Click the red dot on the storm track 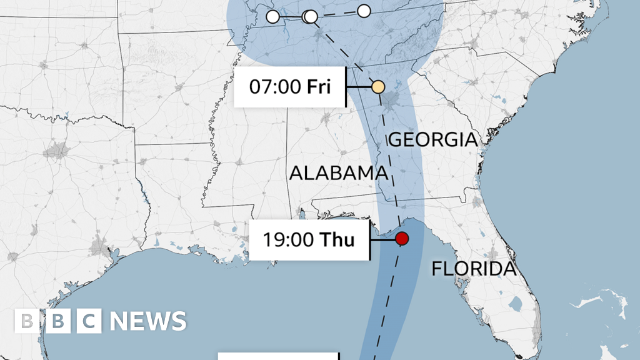click(x=402, y=238)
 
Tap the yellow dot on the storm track click(x=378, y=87)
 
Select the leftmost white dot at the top click(x=273, y=17)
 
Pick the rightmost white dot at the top click(x=364, y=11)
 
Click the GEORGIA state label click(x=433, y=139)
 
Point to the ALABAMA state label click(x=337, y=173)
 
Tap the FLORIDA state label click(x=474, y=269)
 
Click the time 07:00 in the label click(x=276, y=87)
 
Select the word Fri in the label click(x=320, y=87)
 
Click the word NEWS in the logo click(x=148, y=321)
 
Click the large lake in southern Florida click(x=516, y=304)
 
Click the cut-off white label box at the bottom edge click(x=279, y=356)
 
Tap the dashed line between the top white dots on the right click(x=337, y=14)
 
